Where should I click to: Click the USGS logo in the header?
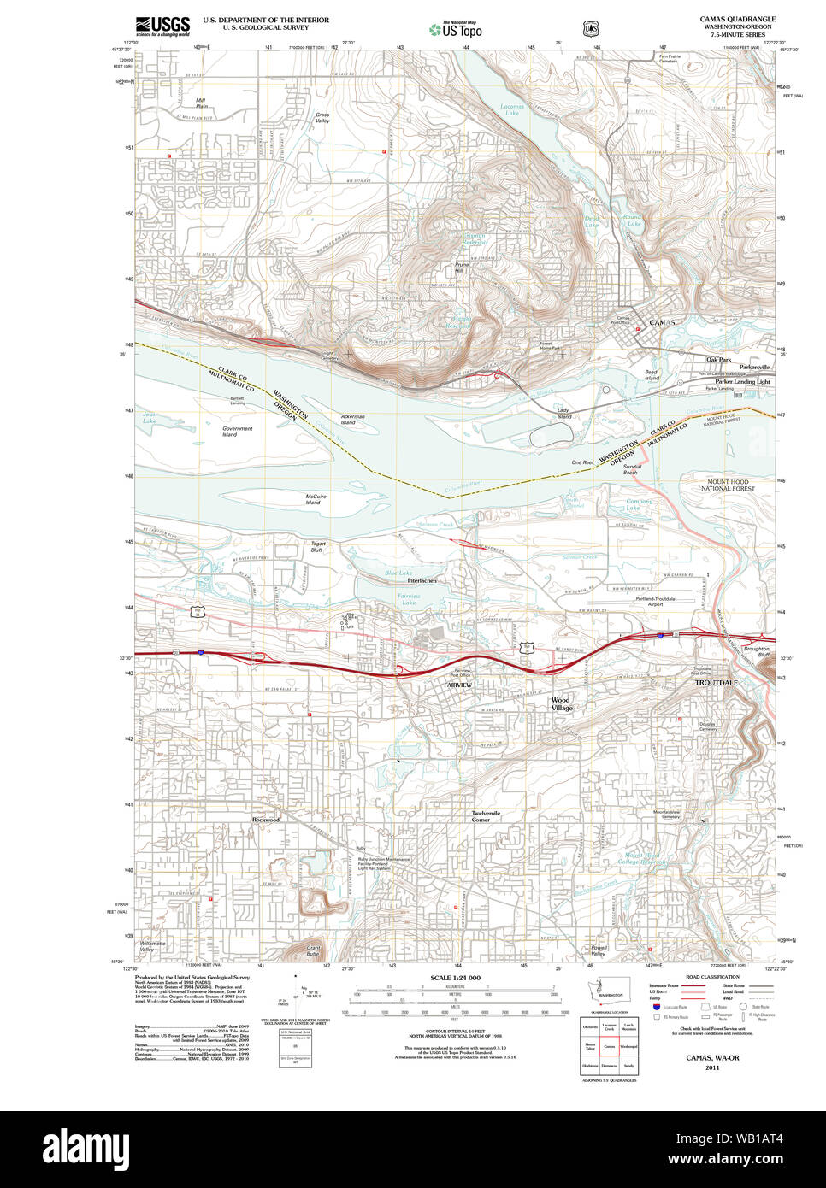coord(162,26)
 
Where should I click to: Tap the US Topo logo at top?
coord(456,30)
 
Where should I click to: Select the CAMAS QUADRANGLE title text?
coord(737,19)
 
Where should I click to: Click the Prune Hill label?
coord(462,268)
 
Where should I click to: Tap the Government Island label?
coord(237,432)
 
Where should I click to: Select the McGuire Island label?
coord(315,499)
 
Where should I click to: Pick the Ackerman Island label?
coord(351,420)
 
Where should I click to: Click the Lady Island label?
coord(563,413)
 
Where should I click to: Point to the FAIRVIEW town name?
coord(457,685)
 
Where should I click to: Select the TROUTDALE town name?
coord(716,683)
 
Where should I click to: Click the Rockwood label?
coord(265,820)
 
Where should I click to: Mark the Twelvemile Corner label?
coord(485,816)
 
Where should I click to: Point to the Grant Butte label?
coord(313,950)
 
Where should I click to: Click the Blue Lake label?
coord(398,573)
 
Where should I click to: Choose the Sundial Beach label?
coord(631,469)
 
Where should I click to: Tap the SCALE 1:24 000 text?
coord(455,978)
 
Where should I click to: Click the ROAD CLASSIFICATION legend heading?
coord(712,977)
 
